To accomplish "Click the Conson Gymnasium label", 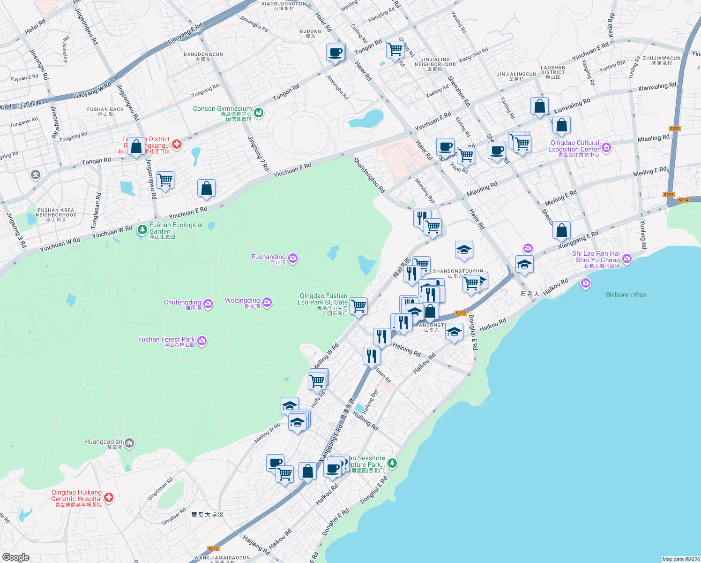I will pyautogui.click(x=222, y=109).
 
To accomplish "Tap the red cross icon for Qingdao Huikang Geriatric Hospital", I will pyautogui.click(x=109, y=497).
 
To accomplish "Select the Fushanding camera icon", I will pyautogui.click(x=293, y=258).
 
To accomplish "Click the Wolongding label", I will pyautogui.click(x=242, y=301).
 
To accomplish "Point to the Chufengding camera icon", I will pyautogui.click(x=209, y=304).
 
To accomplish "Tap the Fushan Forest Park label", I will pyautogui.click(x=166, y=339).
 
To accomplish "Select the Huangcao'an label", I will pyautogui.click(x=103, y=442).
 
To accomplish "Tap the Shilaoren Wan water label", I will pyautogui.click(x=626, y=295).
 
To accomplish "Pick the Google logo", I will pyautogui.click(x=15, y=557).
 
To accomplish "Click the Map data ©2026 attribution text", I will pyautogui.click(x=680, y=559).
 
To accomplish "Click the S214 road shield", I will pyautogui.click(x=683, y=200).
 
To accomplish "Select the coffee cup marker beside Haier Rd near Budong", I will pyautogui.click(x=336, y=52).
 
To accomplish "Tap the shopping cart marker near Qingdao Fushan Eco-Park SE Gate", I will pyautogui.click(x=359, y=306).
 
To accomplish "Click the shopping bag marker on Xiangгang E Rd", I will pyautogui.click(x=561, y=230).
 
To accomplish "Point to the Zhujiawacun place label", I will pyautogui.click(x=662, y=58).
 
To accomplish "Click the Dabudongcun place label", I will pyautogui.click(x=203, y=54).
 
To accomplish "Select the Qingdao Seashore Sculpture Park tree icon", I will pyautogui.click(x=393, y=464).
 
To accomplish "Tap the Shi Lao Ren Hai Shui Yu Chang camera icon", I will pyautogui.click(x=627, y=259).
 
